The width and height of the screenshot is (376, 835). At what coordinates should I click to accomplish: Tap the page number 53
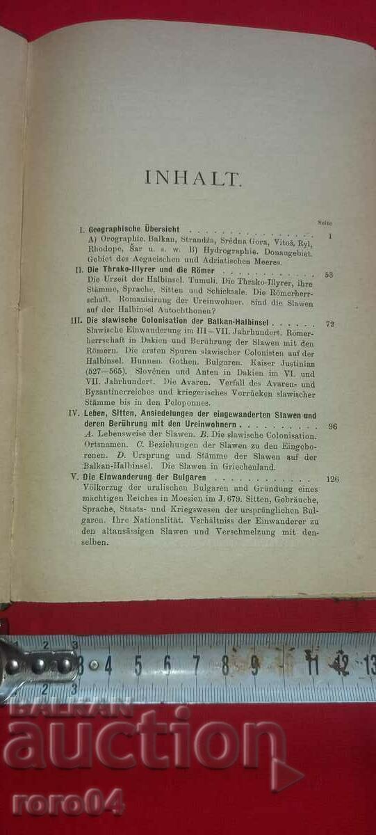[329, 274]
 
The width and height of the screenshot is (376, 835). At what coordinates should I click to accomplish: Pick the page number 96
[332, 426]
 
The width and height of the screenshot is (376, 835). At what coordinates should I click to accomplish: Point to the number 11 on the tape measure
[312, 665]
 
